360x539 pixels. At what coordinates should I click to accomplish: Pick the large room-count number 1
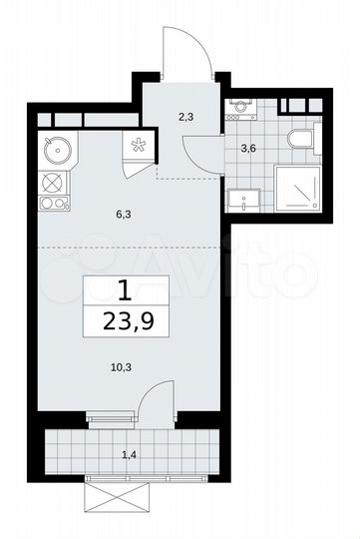tap(125, 291)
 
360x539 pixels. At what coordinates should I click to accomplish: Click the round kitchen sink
tap(58, 151)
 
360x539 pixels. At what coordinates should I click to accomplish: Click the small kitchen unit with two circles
tap(54, 203)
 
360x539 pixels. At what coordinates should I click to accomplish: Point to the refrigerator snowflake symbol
tap(139, 145)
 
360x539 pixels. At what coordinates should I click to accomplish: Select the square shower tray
tap(295, 187)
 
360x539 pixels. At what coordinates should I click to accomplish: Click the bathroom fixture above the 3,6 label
tap(240, 106)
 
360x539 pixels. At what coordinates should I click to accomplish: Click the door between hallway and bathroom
tap(197, 150)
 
